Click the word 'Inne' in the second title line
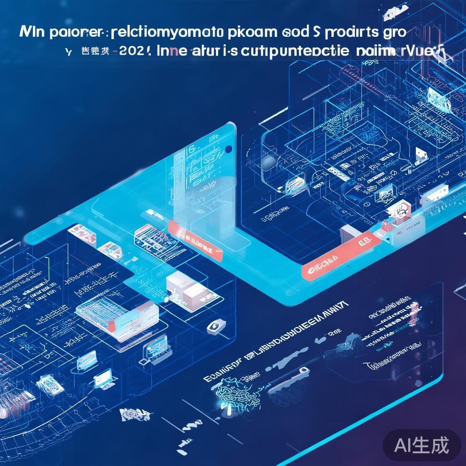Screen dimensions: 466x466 pos(174,51)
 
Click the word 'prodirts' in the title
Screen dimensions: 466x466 pos(349,33)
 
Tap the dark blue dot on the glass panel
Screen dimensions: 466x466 pos(228,149)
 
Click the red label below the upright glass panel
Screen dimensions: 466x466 pos(196,242)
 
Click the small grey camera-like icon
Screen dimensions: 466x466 pos(213,326)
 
